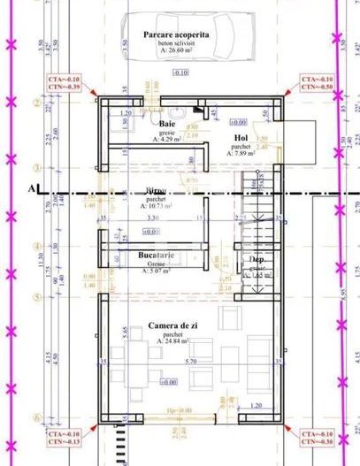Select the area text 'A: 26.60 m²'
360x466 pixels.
(180, 52)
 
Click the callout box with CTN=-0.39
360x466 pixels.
(63, 84)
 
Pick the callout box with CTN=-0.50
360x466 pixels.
(317, 84)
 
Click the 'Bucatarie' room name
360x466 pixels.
(156, 256)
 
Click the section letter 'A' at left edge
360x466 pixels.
(34, 188)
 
